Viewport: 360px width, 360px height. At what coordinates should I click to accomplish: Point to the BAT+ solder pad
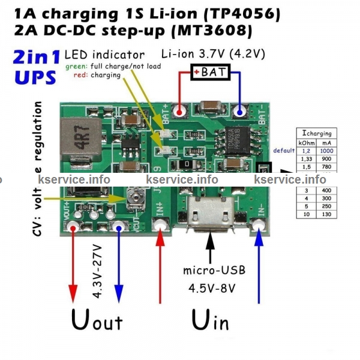[x=179, y=112]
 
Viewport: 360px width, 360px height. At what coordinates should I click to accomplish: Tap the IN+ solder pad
[x=160, y=226]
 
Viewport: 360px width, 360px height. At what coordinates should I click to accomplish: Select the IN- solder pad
[x=259, y=226]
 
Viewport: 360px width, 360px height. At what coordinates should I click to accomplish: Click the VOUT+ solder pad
[x=73, y=227]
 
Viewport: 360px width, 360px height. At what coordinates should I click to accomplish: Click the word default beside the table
[x=283, y=150]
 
